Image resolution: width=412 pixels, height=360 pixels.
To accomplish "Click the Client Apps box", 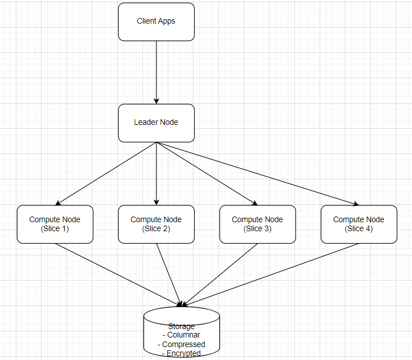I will [156, 21].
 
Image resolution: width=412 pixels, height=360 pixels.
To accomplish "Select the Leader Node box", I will [156, 123].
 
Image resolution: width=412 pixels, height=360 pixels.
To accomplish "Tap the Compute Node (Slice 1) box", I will [55, 224].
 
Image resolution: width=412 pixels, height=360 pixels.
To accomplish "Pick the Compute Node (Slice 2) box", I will [156, 224].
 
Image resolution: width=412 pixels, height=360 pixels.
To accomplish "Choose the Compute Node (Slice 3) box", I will [257, 224].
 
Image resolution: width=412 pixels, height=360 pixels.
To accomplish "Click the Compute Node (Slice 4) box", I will [359, 224].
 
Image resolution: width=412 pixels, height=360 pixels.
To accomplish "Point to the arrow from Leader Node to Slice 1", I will [107, 173].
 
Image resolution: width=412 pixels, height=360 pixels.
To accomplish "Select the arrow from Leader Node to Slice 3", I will [207, 173].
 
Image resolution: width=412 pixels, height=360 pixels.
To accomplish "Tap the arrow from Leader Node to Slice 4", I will [256, 173].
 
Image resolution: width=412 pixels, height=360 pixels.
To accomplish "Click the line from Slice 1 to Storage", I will [118, 274].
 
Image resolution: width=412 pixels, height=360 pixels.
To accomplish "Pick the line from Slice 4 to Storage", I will [270, 274].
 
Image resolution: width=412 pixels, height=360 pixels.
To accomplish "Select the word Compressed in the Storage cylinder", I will [183, 344].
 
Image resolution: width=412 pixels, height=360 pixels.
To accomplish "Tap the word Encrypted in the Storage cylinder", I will [183, 353].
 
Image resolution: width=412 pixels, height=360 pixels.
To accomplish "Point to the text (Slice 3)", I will [257, 228].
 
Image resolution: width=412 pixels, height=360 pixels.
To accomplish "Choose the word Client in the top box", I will [147, 21].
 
